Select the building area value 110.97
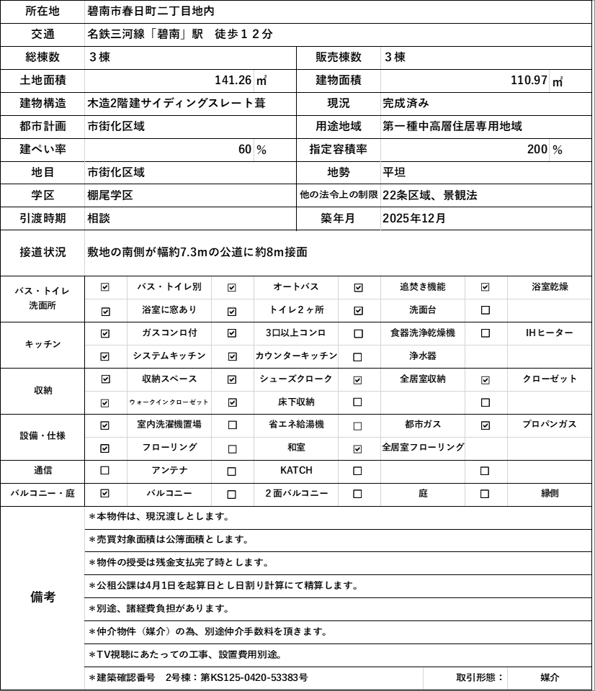click(529, 80)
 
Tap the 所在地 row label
click(42, 11)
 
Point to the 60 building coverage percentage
click(245, 150)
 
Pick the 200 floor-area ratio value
click(537, 150)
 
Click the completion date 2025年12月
click(414, 218)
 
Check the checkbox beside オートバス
click(232, 287)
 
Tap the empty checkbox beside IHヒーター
click(485, 333)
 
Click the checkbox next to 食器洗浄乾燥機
click(358, 333)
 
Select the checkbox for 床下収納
click(232, 402)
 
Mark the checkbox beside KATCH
click(232, 471)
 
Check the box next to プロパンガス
click(485, 425)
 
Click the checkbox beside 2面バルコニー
click(232, 494)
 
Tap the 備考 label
click(42, 597)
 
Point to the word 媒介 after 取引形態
click(550, 677)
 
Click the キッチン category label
click(42, 344)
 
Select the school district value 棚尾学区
click(109, 195)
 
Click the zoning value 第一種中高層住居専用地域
click(452, 126)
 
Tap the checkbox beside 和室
click(232, 448)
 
